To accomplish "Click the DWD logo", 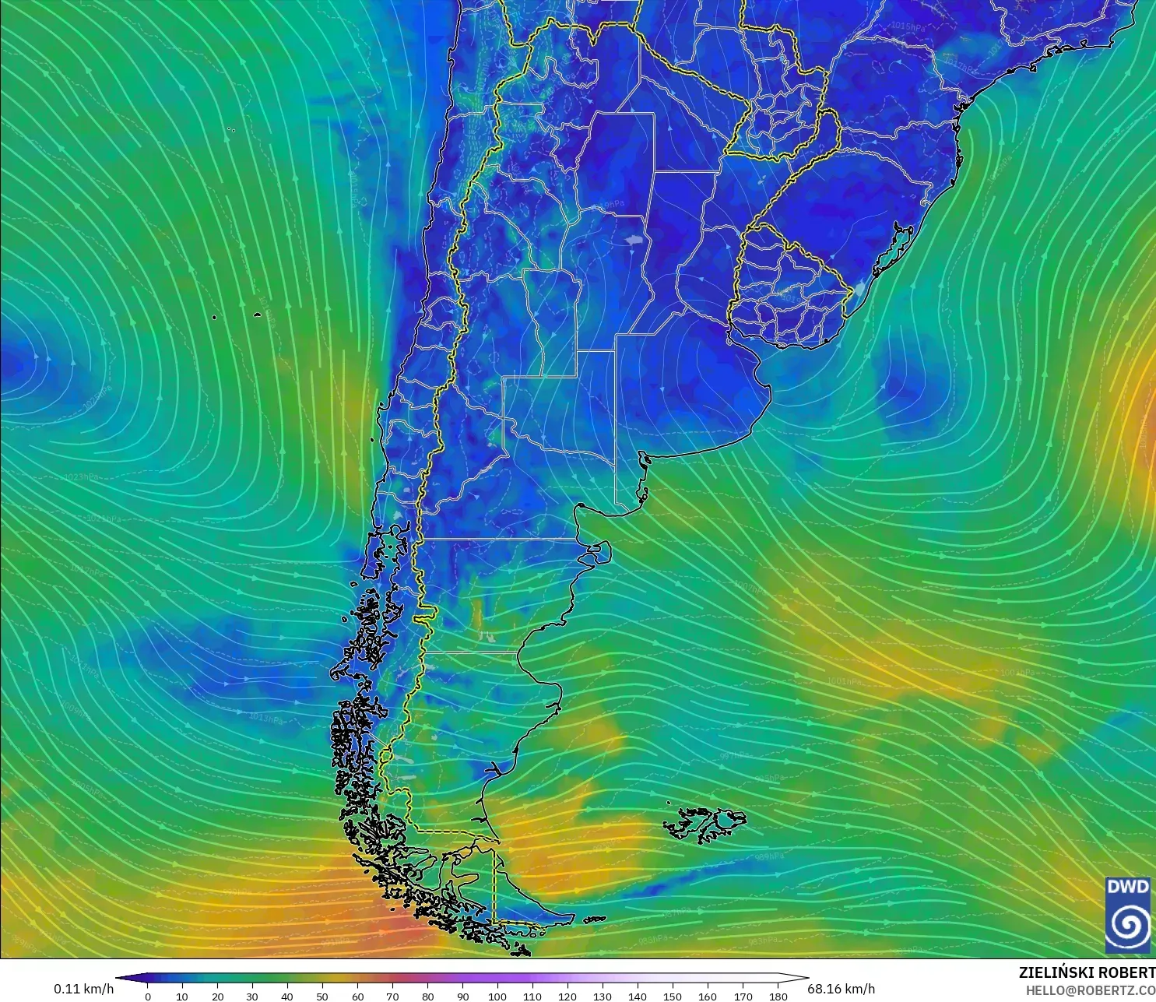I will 1128,915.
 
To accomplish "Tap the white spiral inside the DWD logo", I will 1128,926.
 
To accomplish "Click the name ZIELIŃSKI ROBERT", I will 1087,972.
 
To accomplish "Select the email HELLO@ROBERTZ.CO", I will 1090,990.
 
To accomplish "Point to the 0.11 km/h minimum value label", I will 83,989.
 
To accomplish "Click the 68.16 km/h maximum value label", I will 841,989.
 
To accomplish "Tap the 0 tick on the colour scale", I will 148,996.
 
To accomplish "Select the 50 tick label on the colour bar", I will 322,996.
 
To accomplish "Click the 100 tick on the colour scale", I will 497,996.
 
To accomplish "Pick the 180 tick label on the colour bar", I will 778,996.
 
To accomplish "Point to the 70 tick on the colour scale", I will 392,996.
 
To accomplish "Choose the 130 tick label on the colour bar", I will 603,996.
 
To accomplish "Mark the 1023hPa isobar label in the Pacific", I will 81,476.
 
